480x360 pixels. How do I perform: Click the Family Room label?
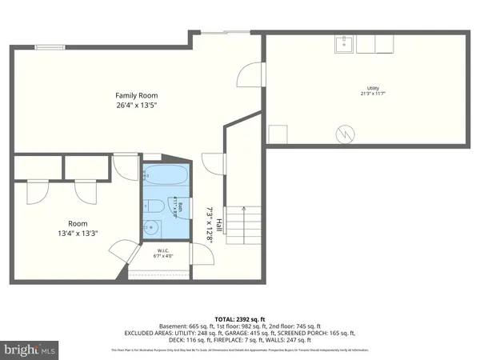click(134, 95)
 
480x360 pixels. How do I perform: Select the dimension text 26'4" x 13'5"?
click(134, 105)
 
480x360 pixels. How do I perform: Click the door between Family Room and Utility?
click(250, 75)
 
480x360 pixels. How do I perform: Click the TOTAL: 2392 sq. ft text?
click(240, 318)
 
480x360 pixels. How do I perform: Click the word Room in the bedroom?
click(55, 224)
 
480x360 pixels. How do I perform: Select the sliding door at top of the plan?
click(223, 33)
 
